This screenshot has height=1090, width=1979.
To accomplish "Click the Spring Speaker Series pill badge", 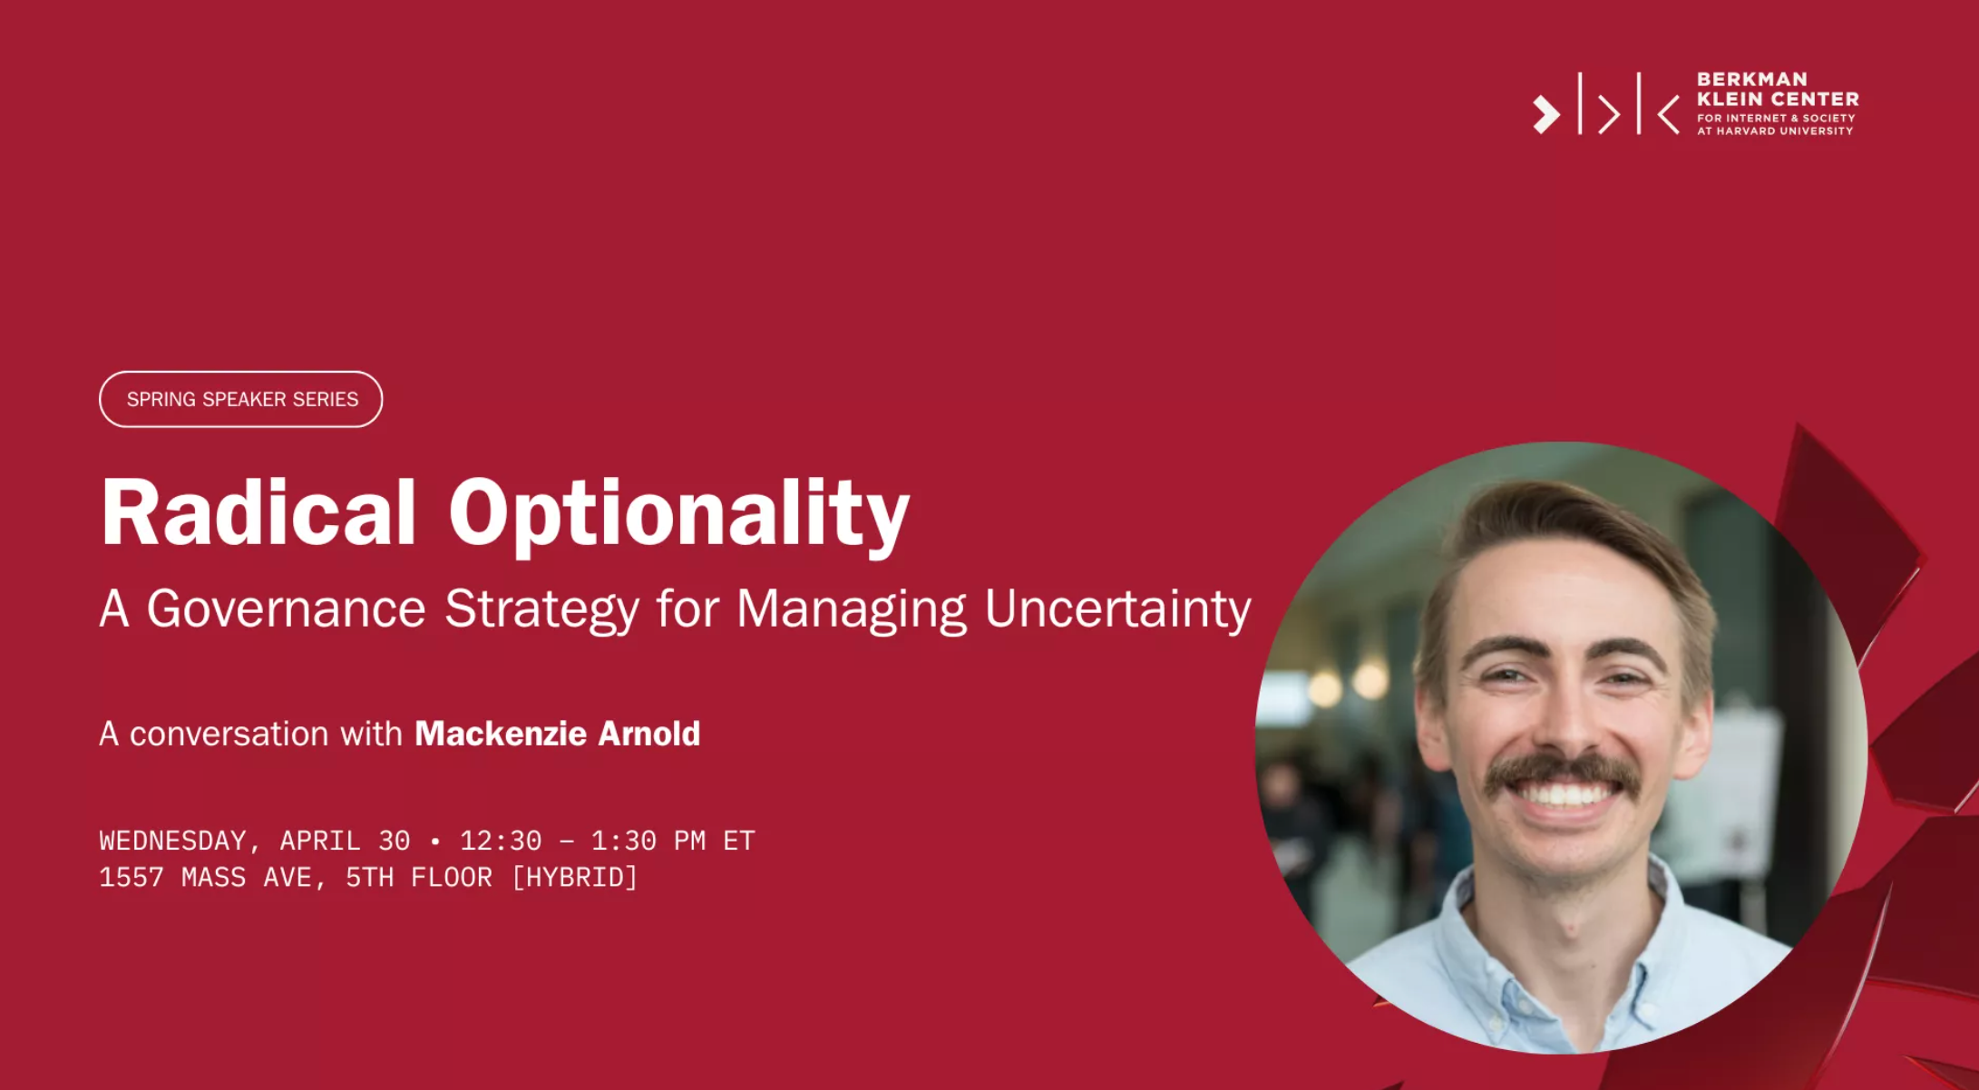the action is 240,399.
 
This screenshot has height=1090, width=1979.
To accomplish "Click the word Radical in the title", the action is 258,512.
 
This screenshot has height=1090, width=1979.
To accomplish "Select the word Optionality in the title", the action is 678,515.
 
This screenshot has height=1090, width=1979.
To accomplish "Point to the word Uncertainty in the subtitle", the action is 1117,608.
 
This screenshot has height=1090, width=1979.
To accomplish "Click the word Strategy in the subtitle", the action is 542,608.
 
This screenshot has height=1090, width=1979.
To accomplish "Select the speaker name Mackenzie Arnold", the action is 557,734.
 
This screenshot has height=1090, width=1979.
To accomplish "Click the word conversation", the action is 229,734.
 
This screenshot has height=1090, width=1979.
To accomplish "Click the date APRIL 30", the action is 345,841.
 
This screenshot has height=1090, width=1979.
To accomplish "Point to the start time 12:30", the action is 501,841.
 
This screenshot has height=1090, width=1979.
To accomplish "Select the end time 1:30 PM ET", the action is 673,841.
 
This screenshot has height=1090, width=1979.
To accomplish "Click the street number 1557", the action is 132,878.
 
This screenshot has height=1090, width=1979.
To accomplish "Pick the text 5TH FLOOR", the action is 419,878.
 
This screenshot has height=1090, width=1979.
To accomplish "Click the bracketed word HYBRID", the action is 575,878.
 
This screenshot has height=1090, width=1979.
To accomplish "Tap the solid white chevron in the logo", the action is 1546,114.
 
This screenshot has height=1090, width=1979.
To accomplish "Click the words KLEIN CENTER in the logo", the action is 1778,99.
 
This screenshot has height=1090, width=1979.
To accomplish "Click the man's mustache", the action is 1562,773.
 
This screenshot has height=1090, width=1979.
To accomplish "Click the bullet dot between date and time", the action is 435,842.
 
